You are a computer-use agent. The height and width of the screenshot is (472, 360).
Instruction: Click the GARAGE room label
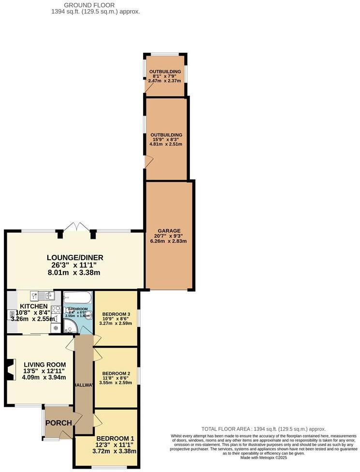(169, 231)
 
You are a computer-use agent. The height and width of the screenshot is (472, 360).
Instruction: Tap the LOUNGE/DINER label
(75, 257)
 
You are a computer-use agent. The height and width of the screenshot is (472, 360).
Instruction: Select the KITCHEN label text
(33, 306)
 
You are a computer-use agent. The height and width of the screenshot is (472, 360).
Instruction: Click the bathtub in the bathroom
(77, 297)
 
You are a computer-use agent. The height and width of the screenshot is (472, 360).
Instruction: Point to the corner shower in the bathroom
(70, 327)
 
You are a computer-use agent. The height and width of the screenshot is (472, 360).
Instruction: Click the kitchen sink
(43, 295)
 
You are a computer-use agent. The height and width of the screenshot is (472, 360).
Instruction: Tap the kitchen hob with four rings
(55, 311)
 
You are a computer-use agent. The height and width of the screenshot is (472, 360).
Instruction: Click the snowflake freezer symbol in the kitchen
(55, 328)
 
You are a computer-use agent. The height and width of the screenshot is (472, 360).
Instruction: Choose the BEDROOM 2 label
(116, 373)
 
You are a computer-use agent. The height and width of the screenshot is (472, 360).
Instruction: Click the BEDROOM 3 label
(116, 314)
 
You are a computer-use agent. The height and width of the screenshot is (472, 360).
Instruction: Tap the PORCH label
(58, 423)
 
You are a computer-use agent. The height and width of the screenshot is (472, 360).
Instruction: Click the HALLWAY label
(84, 384)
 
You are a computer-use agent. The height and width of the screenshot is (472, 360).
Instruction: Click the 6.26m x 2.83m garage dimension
(169, 241)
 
